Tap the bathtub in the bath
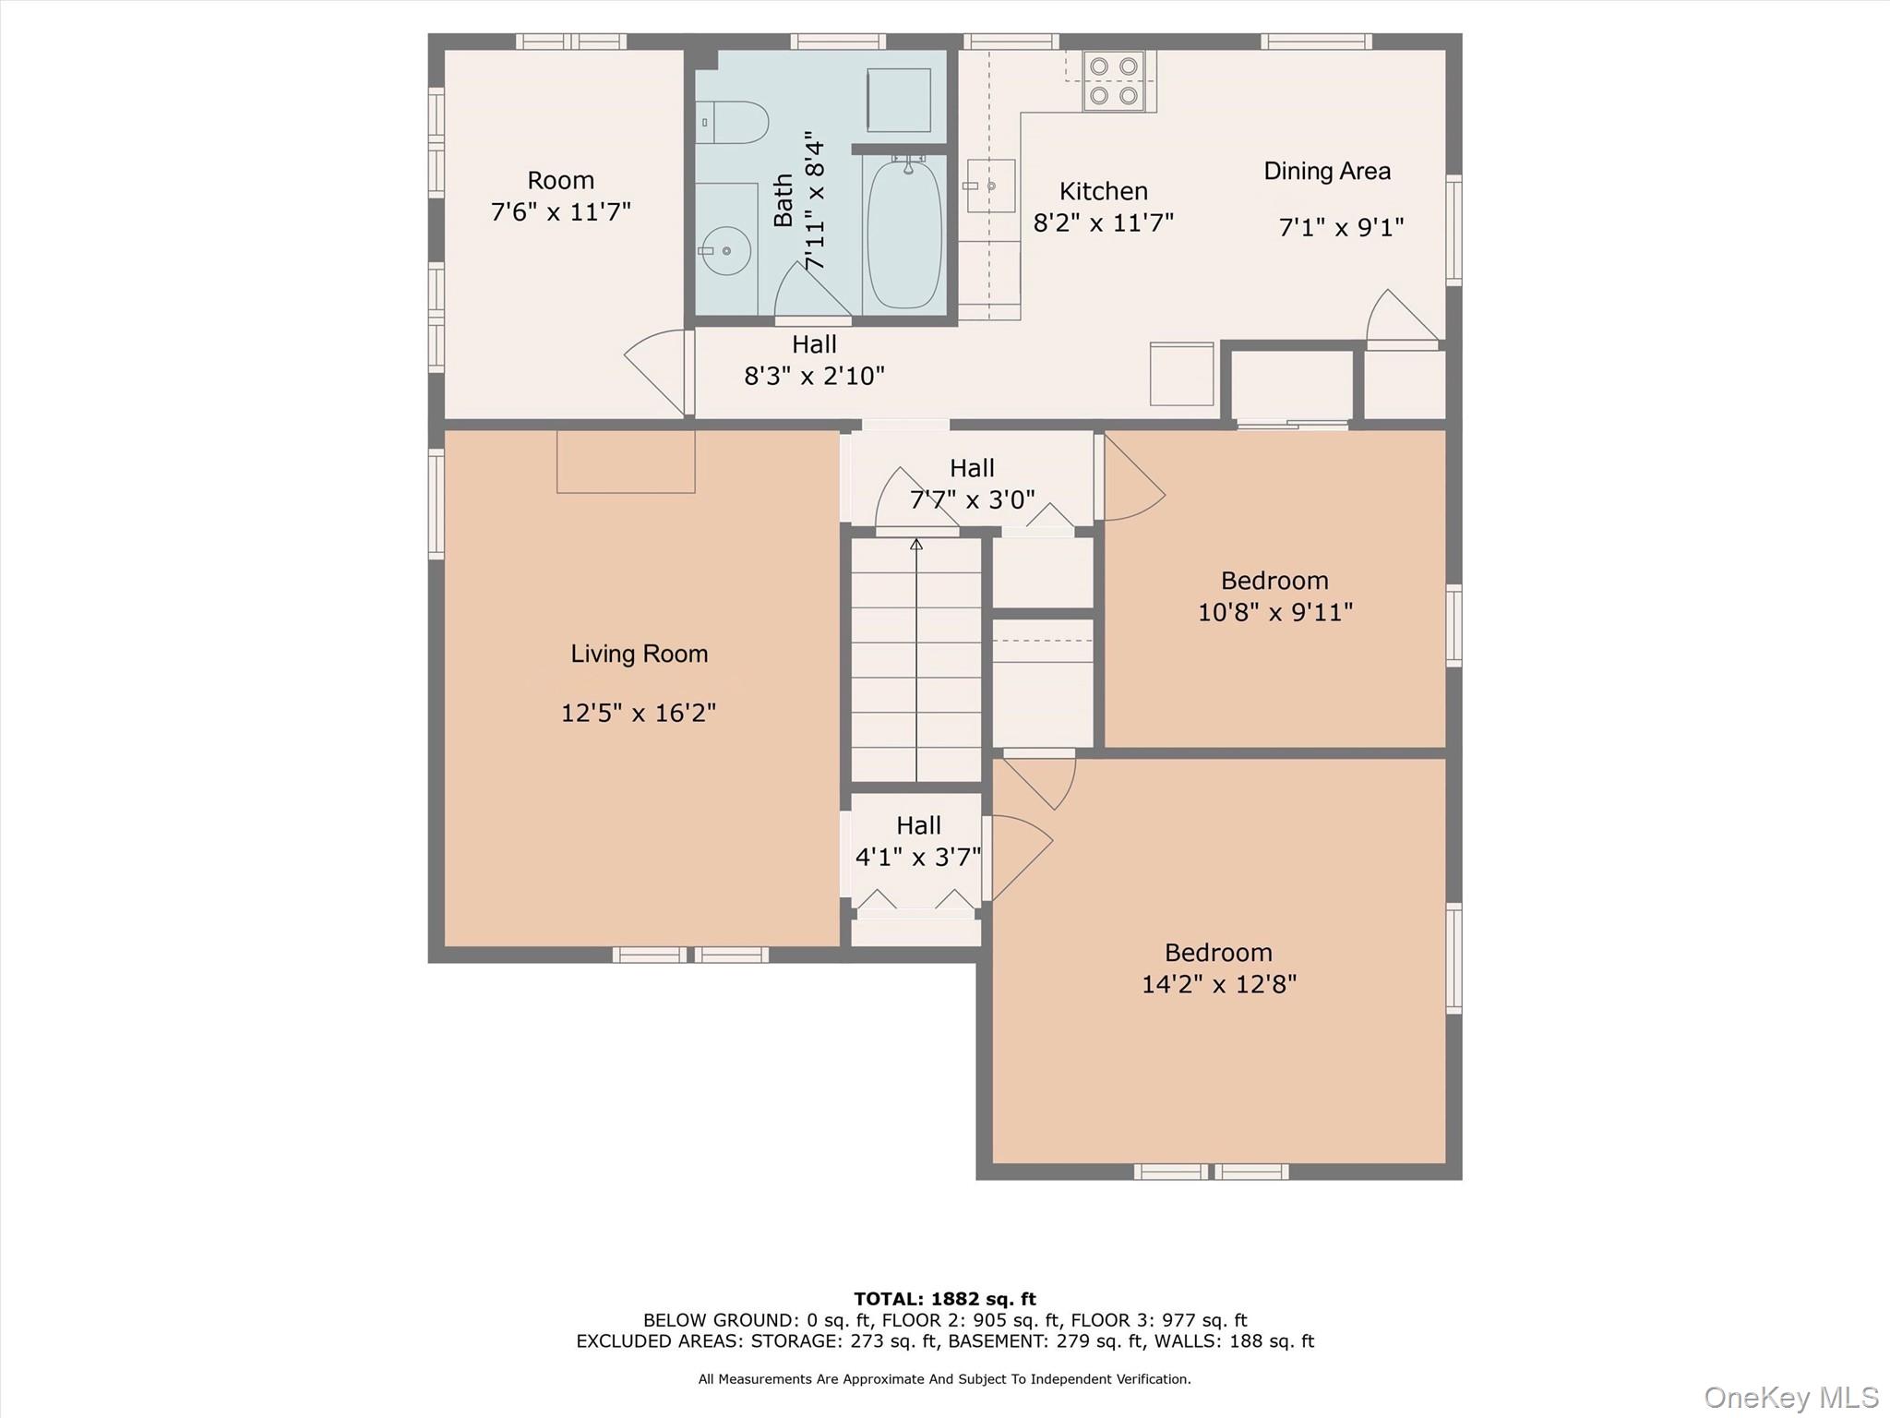[904, 234]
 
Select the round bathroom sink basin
[726, 250]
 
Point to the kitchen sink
[989, 186]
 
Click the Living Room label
[640, 654]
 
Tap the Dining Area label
[1327, 171]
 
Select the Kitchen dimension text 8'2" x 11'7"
[1104, 222]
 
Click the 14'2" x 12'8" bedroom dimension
[1219, 984]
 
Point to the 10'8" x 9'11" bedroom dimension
[1275, 612]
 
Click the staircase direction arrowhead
[916, 545]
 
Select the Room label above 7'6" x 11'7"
[560, 180]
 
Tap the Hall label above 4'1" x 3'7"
[918, 825]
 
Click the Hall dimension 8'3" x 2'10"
[814, 376]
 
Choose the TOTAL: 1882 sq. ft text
[945, 1299]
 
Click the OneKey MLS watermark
[1791, 1397]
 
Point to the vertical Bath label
[784, 200]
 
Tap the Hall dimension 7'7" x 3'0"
[973, 499]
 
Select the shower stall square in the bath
[899, 100]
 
